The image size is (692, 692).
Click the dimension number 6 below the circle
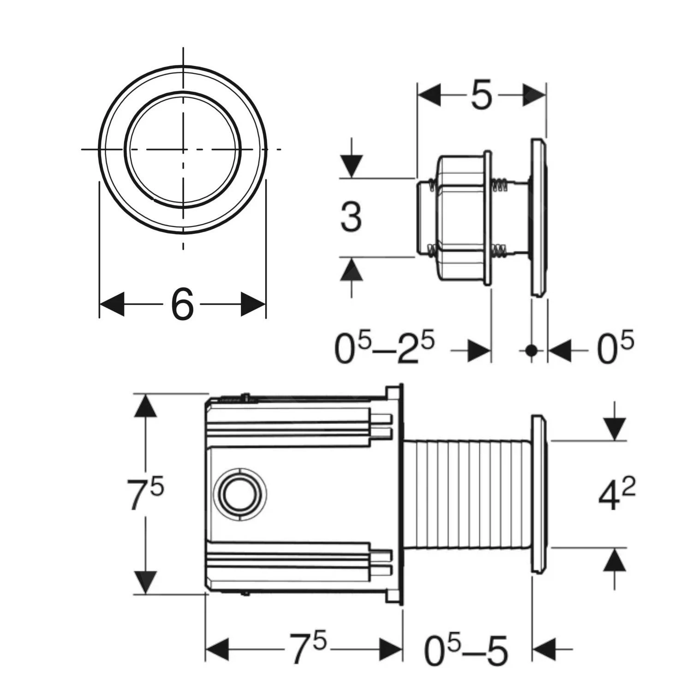pos(182,304)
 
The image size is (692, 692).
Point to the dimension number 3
pos(351,217)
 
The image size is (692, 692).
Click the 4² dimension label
pos(616,495)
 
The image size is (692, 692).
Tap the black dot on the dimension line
pos(531,351)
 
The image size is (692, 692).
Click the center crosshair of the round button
pos(183,149)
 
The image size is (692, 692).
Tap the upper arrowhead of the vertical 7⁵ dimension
pos(145,406)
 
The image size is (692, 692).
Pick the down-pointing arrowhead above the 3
pos(352,166)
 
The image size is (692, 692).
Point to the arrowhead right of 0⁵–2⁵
pos(479,351)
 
